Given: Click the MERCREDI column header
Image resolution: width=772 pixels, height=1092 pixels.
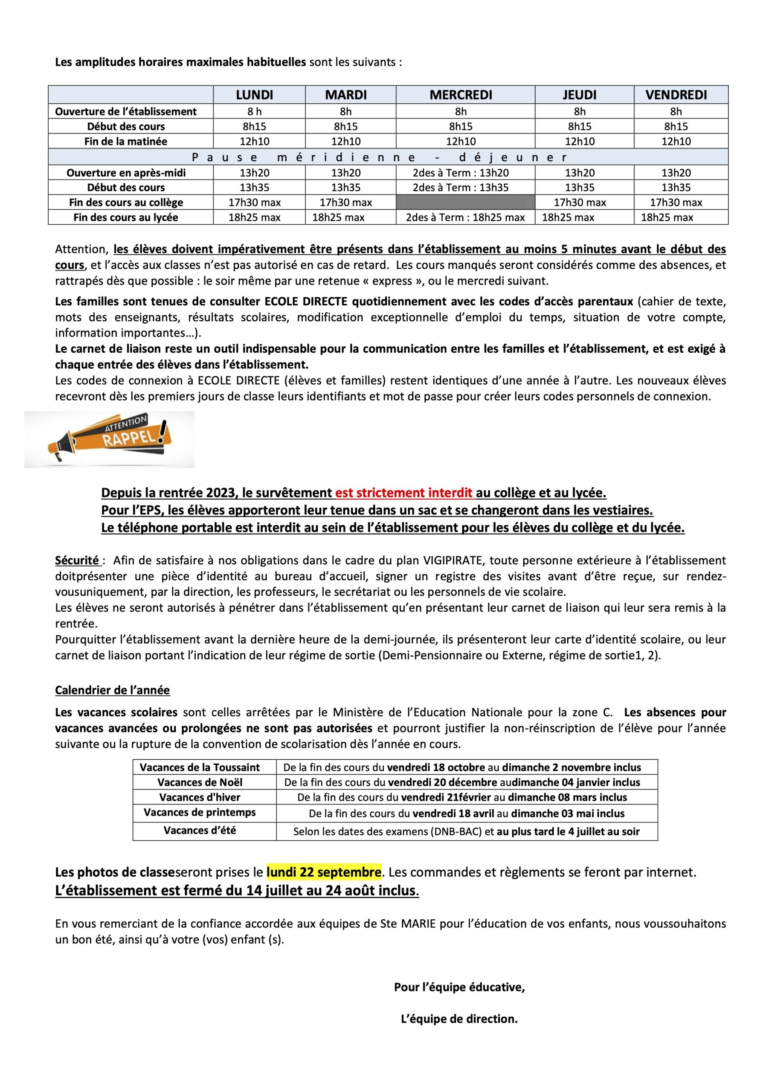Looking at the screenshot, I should [x=461, y=95].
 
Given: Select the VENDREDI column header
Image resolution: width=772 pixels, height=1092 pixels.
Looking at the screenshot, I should [x=676, y=95].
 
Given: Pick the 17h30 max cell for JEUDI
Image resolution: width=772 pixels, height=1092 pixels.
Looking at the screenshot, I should [x=579, y=202].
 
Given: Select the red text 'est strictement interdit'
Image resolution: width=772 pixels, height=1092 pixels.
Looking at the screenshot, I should [x=404, y=493].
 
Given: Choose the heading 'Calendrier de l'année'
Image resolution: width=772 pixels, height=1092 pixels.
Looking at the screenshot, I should [x=112, y=690].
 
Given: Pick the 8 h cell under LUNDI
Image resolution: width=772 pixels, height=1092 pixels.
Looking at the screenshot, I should [x=255, y=112].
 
